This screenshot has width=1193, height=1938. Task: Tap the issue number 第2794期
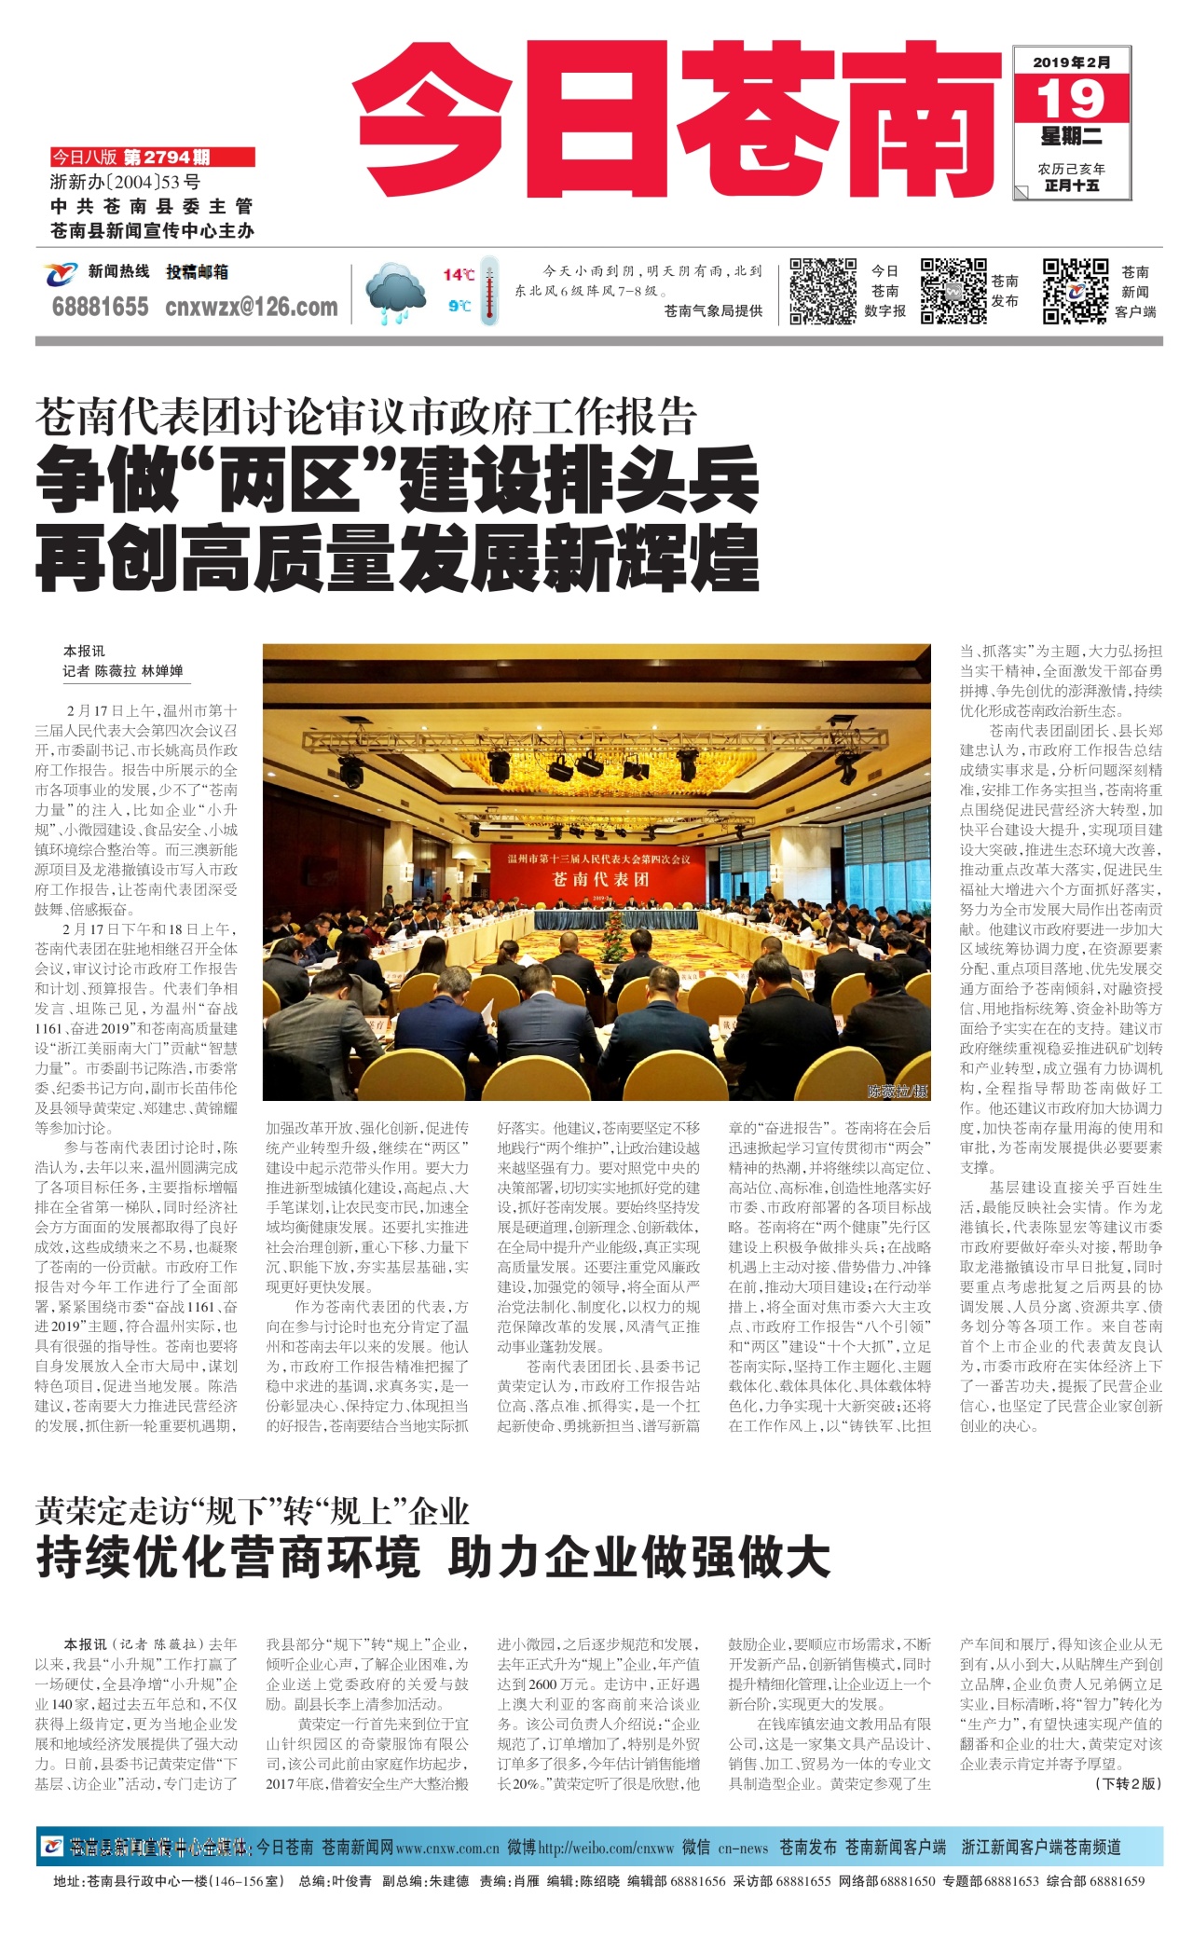[167, 158]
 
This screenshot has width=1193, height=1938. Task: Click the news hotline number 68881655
[100, 307]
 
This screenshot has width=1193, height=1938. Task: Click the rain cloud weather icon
[396, 293]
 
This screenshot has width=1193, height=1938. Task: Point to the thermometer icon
[488, 291]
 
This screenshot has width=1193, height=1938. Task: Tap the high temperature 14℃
[458, 274]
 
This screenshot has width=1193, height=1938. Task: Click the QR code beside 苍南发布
[953, 291]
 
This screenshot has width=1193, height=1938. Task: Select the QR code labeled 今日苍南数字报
[823, 291]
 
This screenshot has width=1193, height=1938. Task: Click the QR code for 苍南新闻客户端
[1075, 291]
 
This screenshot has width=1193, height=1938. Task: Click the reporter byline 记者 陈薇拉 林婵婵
[123, 670]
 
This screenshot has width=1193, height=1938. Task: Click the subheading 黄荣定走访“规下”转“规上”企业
[252, 1511]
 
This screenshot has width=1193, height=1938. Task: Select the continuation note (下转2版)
[1128, 1783]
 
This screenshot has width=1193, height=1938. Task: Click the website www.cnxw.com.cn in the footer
[447, 1848]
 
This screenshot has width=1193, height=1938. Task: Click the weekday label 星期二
[1071, 138]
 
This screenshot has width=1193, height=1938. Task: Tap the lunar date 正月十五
[1071, 186]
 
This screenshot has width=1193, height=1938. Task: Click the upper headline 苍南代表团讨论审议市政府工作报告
[365, 417]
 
